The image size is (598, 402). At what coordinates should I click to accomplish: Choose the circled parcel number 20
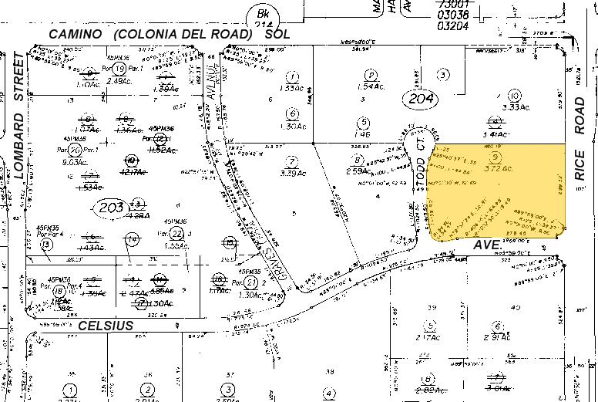tap(75, 150)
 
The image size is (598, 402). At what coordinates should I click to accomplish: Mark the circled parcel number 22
tap(176, 234)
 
